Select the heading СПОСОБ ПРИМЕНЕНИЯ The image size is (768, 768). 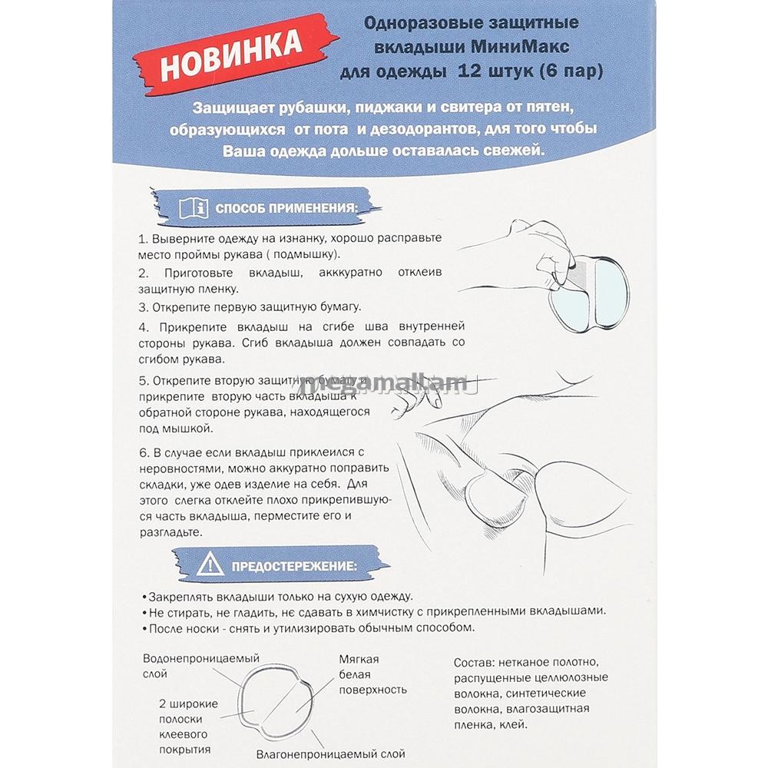click(x=286, y=207)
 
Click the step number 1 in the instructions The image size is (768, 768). click(x=143, y=239)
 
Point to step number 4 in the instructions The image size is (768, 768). click(x=143, y=327)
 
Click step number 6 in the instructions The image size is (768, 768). click(x=143, y=452)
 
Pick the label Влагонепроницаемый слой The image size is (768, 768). click(x=330, y=755)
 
